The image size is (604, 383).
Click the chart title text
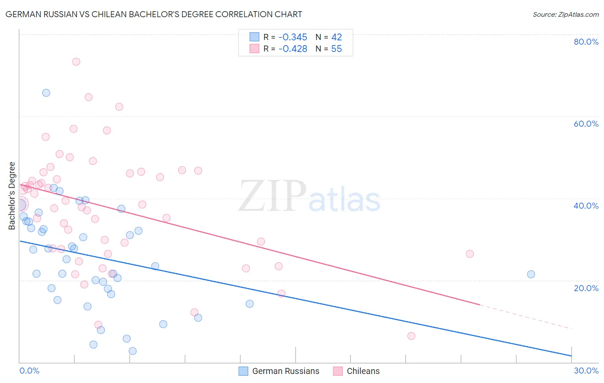154,14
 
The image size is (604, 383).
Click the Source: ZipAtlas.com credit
565,14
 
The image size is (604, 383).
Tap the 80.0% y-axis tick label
586,42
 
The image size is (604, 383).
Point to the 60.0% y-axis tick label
586,124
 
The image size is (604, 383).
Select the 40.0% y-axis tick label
586,206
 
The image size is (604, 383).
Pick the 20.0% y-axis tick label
586,288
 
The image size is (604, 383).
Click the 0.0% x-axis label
29,371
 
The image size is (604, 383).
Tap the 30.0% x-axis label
586,371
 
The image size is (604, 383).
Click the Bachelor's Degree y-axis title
12,196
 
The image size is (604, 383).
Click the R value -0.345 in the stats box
293,37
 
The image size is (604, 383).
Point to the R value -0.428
293,49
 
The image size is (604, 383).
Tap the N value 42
336,37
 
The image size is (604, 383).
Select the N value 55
336,49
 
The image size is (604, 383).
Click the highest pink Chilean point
76,62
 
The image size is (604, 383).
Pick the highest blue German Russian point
46,93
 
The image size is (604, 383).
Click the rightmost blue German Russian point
531,274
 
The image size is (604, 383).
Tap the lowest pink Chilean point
411,336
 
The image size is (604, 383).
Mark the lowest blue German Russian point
133,351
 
